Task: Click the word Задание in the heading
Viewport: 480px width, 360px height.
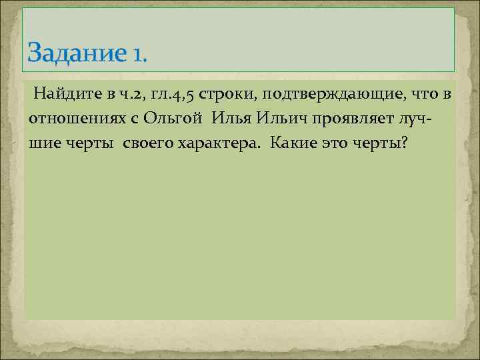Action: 75,52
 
